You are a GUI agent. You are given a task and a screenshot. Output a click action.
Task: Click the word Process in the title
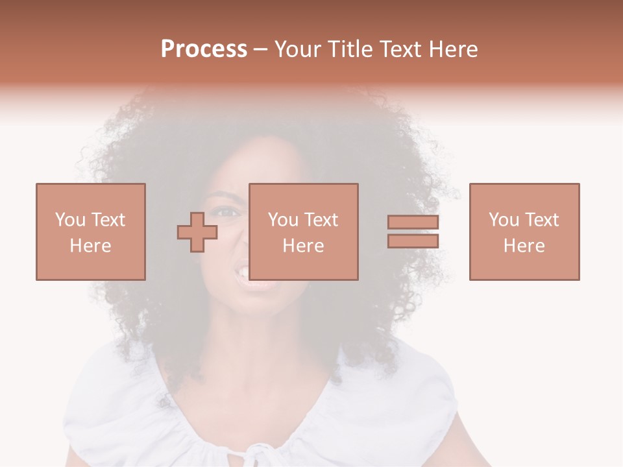click(204, 49)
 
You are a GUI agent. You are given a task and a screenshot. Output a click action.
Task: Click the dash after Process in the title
click(260, 50)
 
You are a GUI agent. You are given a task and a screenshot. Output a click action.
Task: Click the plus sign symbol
click(197, 232)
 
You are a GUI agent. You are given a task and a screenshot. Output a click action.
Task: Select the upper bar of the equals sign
click(413, 222)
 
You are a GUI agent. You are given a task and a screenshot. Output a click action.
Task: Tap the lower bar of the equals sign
click(413, 241)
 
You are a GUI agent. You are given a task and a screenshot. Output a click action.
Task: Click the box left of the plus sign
click(91, 232)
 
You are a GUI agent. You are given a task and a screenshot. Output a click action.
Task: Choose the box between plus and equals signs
click(304, 232)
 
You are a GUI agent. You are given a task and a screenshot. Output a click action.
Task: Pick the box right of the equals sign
click(524, 232)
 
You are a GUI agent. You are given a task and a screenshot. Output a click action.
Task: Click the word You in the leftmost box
click(70, 220)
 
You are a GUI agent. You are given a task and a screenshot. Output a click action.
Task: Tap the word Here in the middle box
click(304, 246)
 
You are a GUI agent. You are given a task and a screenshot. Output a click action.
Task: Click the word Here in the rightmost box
click(524, 246)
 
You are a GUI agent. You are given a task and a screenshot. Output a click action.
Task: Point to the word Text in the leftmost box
click(108, 220)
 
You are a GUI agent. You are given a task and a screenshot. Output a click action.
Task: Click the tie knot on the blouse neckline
click(260, 451)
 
